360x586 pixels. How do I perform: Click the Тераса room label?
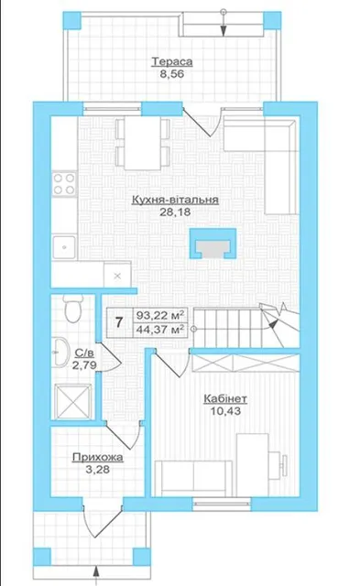pos(172,61)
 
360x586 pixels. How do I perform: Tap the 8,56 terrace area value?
pos(172,74)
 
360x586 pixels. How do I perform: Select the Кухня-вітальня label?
pos(175,200)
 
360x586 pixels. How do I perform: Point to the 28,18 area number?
pos(175,212)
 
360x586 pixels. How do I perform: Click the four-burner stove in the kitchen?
pos(64,183)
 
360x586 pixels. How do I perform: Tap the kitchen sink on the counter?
pos(64,246)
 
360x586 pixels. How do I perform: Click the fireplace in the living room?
pos(213,244)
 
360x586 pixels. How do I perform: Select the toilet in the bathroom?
pos(72,308)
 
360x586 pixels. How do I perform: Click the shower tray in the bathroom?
pos(73,402)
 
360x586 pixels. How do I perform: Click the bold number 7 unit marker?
pos(119,321)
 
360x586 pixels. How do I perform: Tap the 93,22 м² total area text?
pos(160,315)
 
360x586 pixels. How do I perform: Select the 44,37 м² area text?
pos(160,330)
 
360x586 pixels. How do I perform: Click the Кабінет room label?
pos(225,399)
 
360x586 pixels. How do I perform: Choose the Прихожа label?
pos(98,457)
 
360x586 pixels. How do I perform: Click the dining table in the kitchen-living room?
pos(142,143)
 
